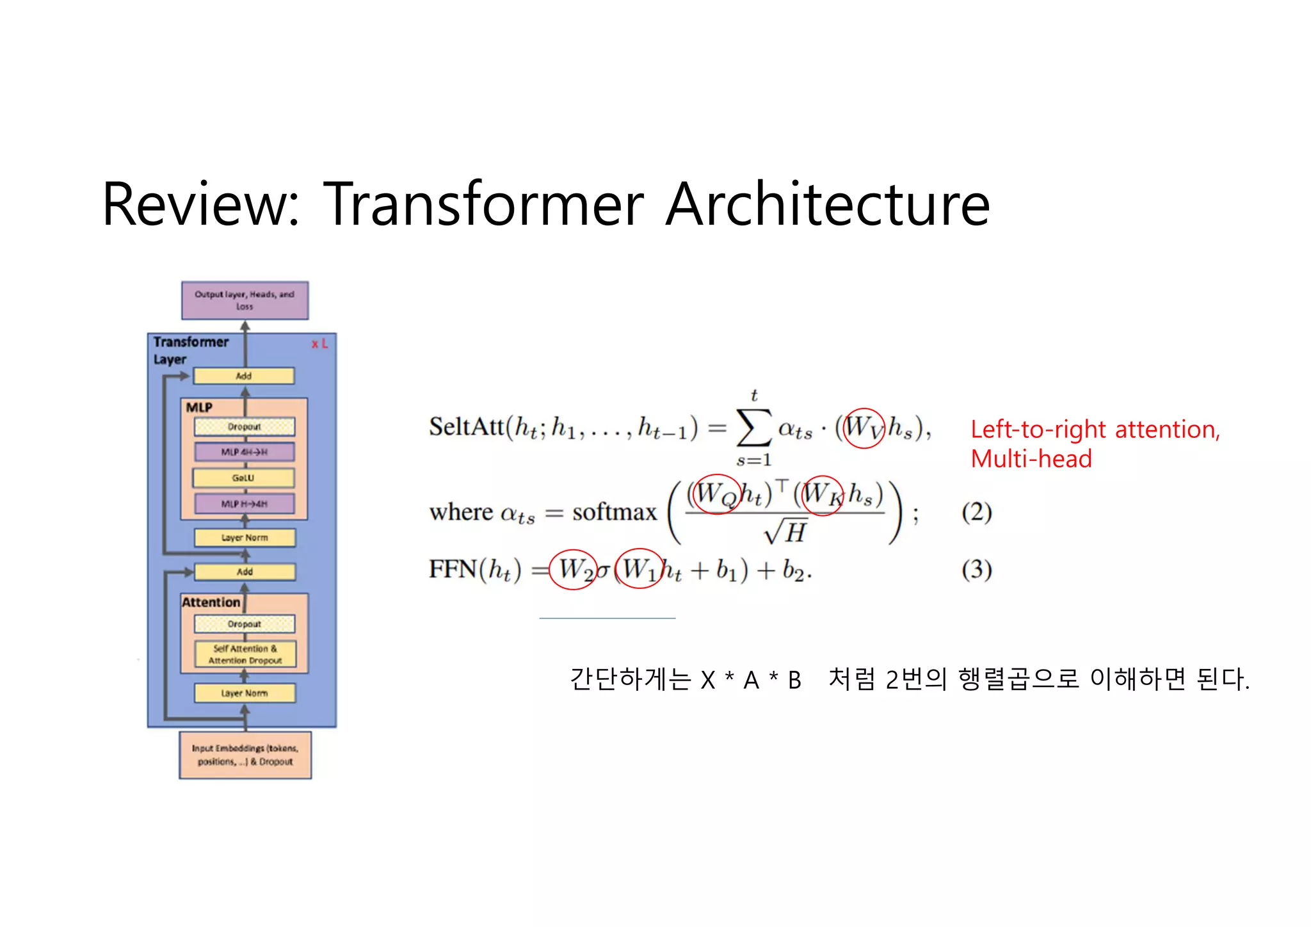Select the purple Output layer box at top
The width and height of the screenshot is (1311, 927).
[x=245, y=300]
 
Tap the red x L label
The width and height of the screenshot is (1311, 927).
[x=319, y=344]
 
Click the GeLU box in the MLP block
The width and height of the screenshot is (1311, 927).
[x=244, y=478]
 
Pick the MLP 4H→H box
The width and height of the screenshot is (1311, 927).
[x=244, y=452]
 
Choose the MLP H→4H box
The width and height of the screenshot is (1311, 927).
[x=244, y=504]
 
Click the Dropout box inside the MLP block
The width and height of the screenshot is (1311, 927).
[x=245, y=426]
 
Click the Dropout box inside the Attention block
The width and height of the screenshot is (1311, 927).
[x=245, y=624]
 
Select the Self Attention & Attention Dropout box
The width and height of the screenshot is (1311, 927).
[x=245, y=654]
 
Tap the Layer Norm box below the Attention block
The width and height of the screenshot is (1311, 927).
[x=245, y=693]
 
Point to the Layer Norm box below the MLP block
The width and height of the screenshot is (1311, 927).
[x=245, y=538]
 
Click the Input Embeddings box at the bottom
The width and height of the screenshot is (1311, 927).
[x=245, y=755]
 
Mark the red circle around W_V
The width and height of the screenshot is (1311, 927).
[x=864, y=428]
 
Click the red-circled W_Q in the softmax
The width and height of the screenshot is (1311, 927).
[x=717, y=494]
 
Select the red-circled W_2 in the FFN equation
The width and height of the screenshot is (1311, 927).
[x=573, y=569]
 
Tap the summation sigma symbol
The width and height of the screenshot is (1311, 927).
[x=754, y=428]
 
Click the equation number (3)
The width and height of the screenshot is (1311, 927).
[x=976, y=569]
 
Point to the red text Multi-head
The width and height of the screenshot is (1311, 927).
[x=1031, y=459]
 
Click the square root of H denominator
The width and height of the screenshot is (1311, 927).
[x=786, y=532]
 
